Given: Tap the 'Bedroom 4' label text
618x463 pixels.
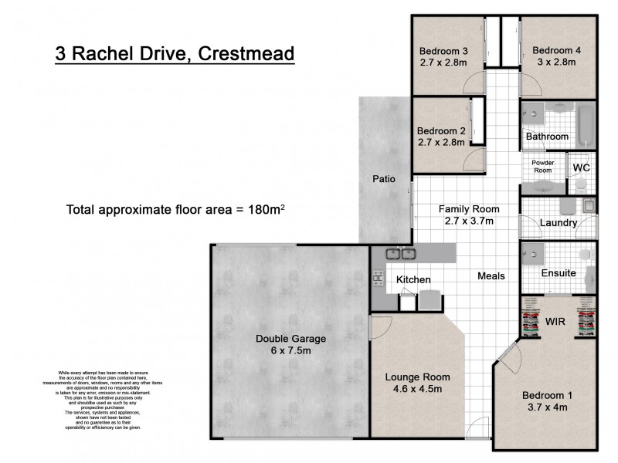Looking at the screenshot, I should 556,51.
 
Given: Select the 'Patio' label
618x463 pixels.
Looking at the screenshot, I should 384,179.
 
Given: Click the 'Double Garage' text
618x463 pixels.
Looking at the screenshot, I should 291,338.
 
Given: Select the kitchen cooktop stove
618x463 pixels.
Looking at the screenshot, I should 379,279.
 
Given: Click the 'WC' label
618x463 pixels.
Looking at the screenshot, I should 582,167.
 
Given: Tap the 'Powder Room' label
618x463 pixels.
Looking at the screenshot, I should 543,167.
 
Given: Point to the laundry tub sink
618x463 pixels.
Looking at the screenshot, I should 588,206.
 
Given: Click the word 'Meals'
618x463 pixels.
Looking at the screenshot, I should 491,276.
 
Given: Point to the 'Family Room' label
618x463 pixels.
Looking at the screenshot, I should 469,209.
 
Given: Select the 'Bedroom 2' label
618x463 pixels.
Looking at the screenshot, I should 440,130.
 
